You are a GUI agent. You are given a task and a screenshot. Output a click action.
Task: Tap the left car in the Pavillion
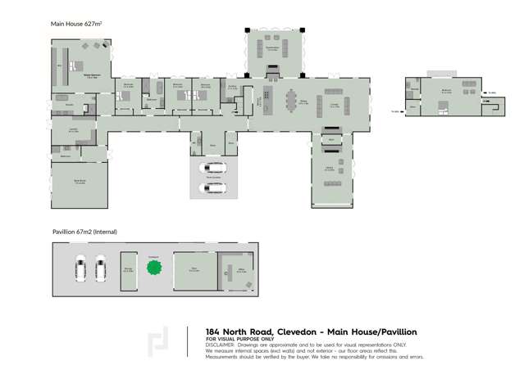[x=81, y=268]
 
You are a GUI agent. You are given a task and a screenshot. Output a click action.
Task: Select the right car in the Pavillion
[x=101, y=268]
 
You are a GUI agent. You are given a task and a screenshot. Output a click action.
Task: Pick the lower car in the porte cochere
[x=213, y=188]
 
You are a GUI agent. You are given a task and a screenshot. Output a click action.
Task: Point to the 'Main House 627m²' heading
[x=77, y=25]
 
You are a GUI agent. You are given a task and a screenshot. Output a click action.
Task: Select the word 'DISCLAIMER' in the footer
[x=221, y=345]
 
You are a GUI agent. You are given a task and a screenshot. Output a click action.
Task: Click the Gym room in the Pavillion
[x=194, y=270]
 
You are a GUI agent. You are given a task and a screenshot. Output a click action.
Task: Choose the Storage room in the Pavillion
[x=128, y=269]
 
